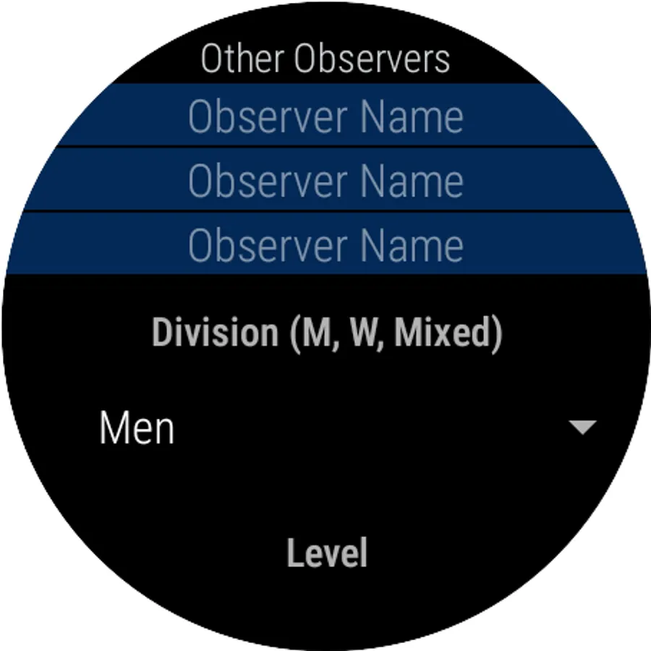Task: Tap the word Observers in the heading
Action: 372,59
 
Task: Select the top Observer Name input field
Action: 325,116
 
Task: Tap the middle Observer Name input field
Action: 325,179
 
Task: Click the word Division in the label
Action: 215,333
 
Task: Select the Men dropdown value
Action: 137,428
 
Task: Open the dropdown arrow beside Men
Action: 582,427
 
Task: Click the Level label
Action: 327,553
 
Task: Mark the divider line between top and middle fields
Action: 325,147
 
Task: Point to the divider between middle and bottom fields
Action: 325,211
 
